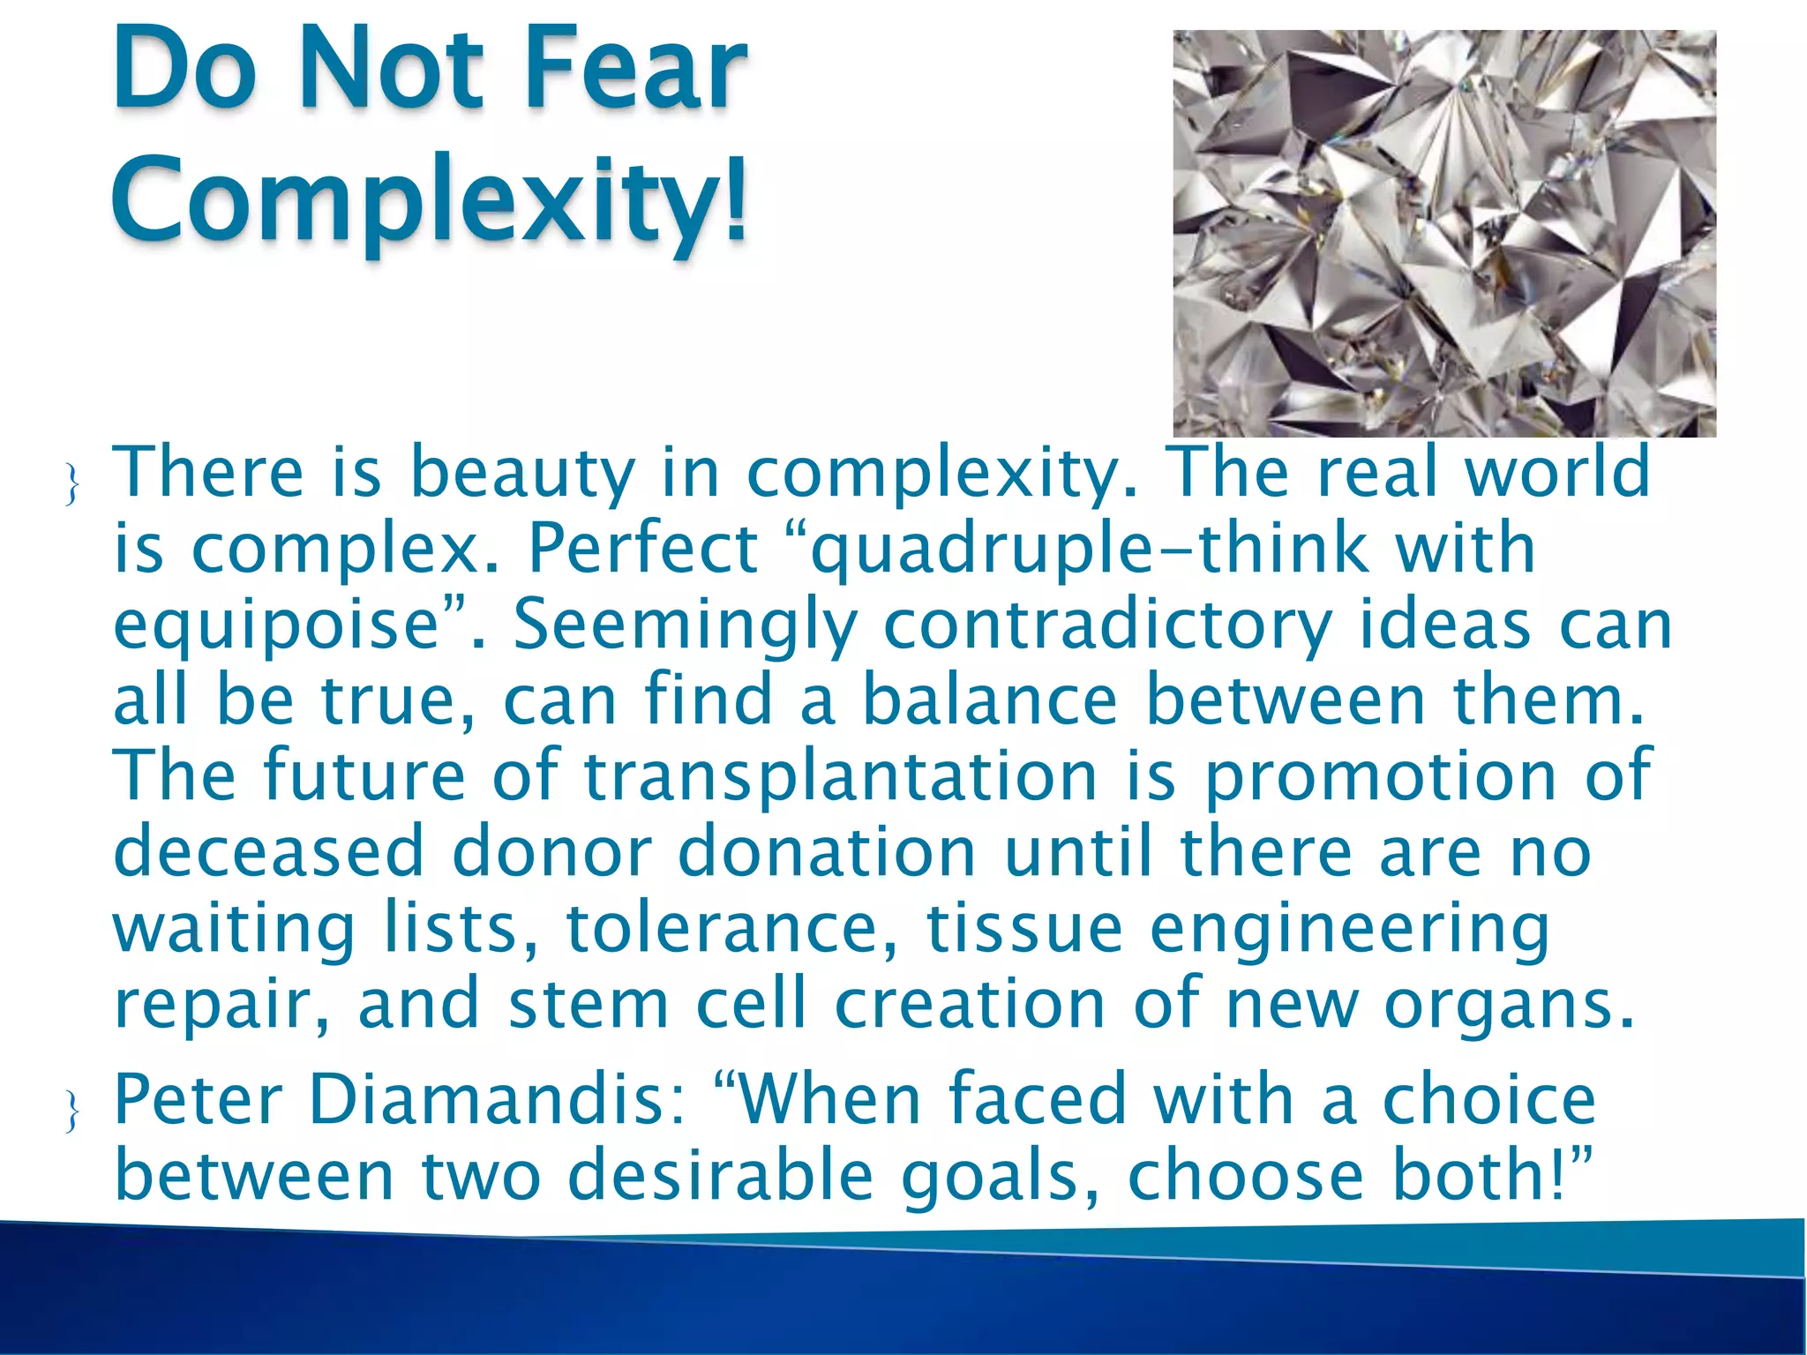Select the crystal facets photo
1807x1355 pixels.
1443,233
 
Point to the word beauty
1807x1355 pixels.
522,474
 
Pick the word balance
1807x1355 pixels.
989,700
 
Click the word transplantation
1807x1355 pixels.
840,776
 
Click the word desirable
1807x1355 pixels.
720,1176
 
